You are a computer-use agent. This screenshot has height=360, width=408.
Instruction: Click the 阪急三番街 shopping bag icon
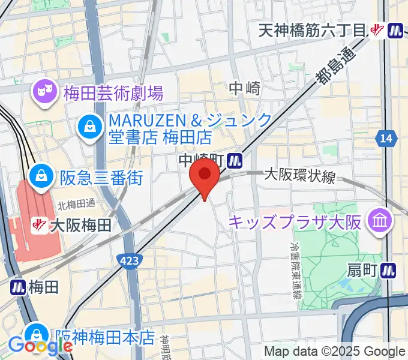point(42,176)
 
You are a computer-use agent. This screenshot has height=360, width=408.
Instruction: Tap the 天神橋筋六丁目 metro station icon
point(395,30)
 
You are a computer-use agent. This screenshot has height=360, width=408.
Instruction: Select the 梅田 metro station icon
point(16,287)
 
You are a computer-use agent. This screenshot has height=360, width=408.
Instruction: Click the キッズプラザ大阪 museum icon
point(380,221)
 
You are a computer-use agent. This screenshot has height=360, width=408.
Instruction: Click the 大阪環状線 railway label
point(300,176)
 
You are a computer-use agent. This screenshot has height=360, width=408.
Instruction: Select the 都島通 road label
point(334,66)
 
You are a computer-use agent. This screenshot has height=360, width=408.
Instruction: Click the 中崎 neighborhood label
point(245,89)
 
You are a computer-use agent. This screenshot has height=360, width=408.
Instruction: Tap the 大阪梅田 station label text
point(81,226)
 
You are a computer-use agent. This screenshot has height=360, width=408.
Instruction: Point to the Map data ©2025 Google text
point(335,352)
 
